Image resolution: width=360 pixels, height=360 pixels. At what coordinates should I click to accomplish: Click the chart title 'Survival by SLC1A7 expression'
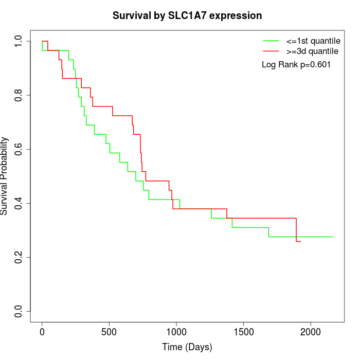coord(187,15)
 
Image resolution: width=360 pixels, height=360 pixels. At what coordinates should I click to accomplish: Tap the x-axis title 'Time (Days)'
coord(187,347)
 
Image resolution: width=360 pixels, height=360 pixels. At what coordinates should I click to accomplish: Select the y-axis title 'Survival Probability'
coord(5,175)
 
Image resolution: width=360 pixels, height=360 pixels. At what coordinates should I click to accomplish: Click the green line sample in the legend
coord(271,41)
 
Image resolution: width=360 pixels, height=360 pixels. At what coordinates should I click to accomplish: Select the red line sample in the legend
coord(271,51)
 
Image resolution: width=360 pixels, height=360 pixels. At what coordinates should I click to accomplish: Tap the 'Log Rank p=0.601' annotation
coord(296,65)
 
